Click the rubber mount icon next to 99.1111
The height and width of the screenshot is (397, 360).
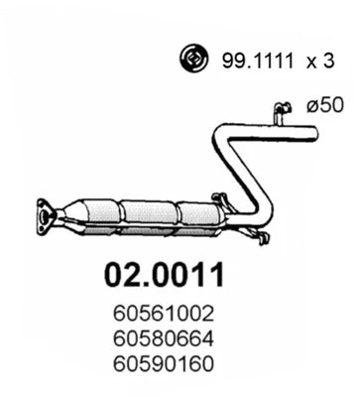(x=192, y=61)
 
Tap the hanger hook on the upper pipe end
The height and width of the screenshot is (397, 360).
(x=282, y=107)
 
